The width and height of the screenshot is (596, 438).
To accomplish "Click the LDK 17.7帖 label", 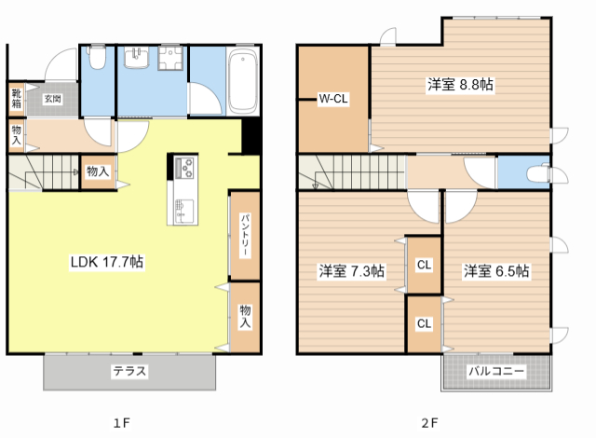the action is click(107, 262).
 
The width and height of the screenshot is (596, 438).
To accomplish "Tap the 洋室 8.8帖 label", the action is click(460, 84).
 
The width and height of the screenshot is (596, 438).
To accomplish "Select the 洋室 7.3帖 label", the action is click(352, 271).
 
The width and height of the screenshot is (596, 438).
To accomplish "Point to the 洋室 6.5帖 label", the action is click(496, 271).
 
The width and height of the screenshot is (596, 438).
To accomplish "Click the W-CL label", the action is click(333, 99).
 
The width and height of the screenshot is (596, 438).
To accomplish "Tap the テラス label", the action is click(129, 371).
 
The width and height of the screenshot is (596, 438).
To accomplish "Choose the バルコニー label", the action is click(496, 371).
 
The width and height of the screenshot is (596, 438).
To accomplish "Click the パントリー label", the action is click(245, 236).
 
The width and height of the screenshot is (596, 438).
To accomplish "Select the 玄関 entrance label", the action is click(52, 99).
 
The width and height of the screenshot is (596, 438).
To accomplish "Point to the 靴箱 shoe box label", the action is click(16, 98).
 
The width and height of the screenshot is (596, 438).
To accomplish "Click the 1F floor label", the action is click(122, 423).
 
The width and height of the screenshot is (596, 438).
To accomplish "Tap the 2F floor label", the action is click(429, 423).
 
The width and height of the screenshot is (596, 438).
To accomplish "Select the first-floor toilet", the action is click(97, 58).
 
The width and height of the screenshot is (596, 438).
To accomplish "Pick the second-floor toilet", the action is click(538, 173).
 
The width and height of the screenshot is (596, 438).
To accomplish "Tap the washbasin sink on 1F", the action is click(137, 57).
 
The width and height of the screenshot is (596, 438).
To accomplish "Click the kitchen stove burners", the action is click(184, 168).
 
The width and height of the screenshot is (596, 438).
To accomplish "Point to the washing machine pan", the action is click(170, 58).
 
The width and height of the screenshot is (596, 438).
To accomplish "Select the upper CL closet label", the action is click(425, 265).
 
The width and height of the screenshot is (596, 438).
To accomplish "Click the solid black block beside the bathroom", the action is click(251, 136).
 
